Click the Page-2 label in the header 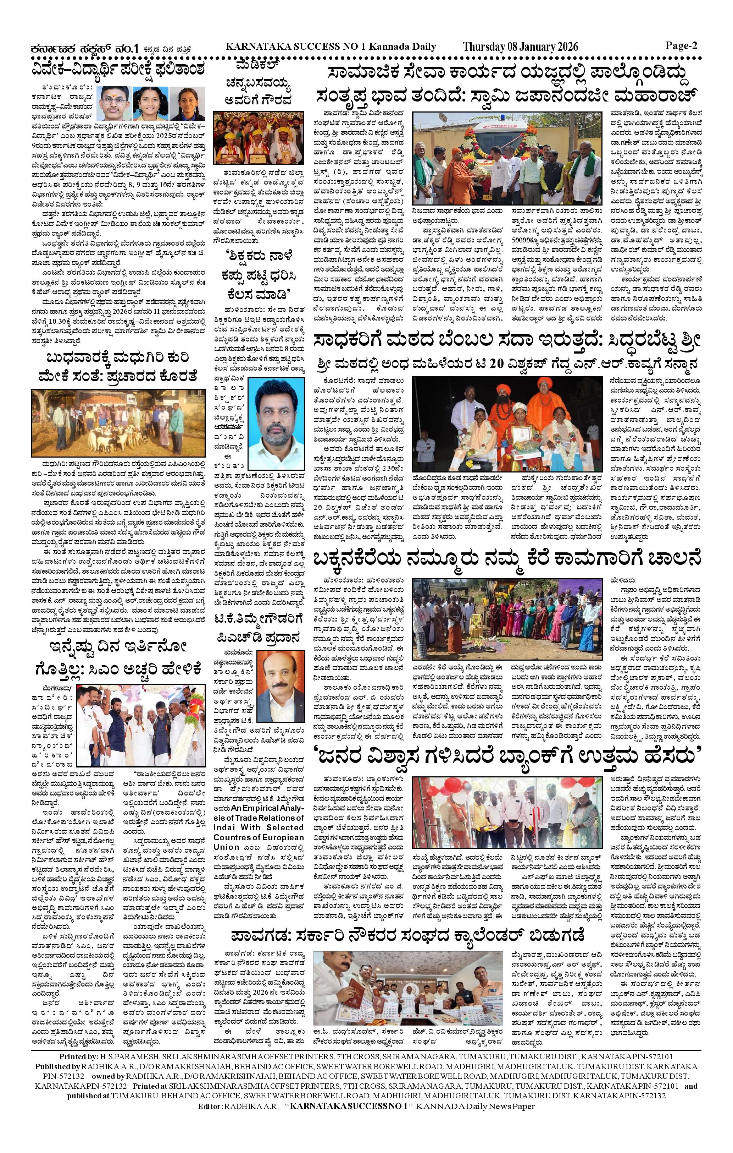coord(681,46)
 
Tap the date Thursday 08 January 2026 coord(520,47)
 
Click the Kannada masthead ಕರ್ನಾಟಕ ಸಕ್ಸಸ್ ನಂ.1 coord(84,48)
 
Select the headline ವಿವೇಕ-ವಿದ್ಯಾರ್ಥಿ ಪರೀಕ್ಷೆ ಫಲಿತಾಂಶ coord(118,69)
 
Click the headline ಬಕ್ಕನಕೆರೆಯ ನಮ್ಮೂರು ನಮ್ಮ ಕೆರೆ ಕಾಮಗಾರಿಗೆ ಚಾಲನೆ coord(507,559)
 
